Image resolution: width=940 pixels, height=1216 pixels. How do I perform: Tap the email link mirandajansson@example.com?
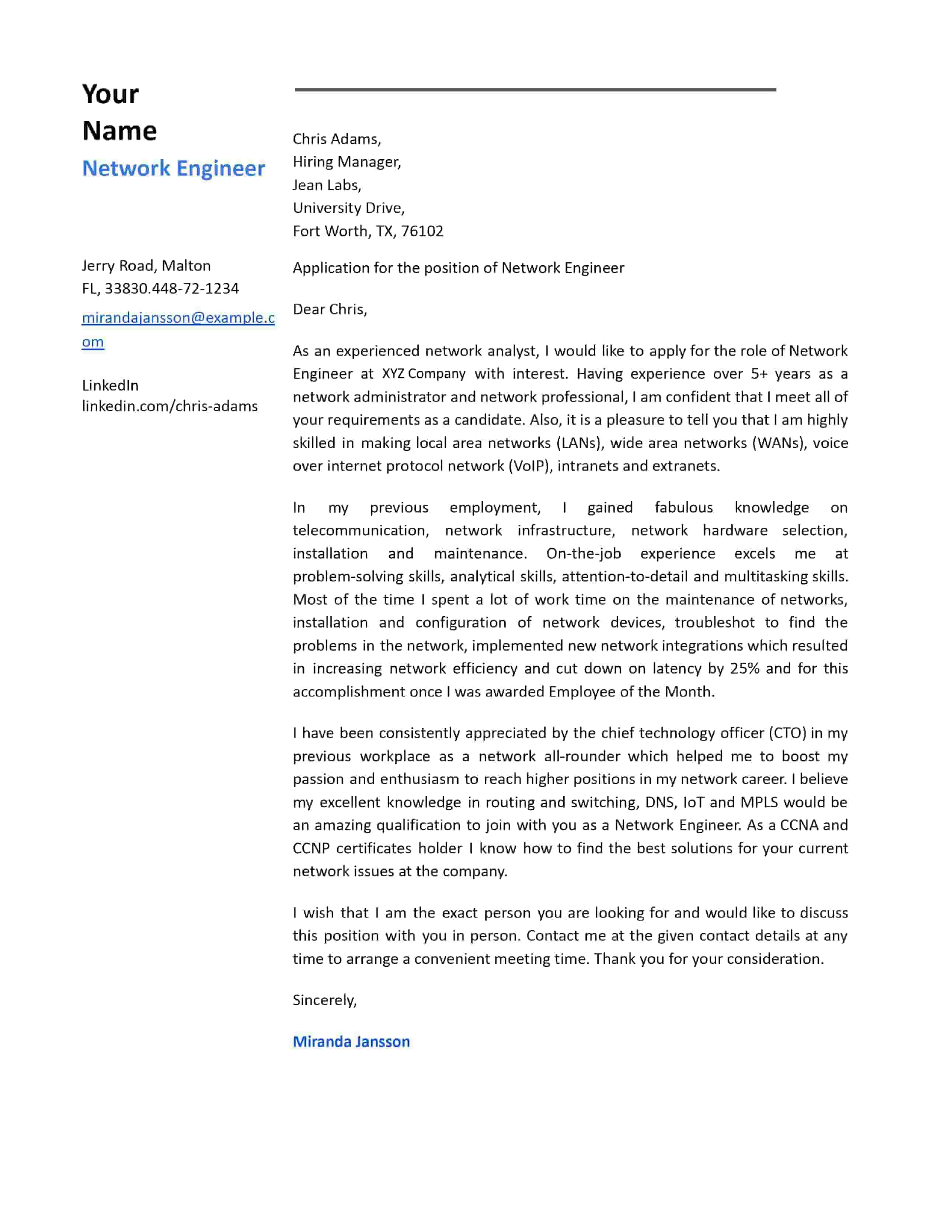point(178,318)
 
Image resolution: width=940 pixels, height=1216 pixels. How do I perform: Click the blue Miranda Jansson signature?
point(351,1041)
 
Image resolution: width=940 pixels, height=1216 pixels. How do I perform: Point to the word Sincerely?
point(324,1000)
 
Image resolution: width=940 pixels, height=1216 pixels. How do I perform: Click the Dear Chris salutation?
point(330,309)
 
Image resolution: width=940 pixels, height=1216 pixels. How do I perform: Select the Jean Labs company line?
point(327,185)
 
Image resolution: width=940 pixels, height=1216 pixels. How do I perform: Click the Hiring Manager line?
point(347,162)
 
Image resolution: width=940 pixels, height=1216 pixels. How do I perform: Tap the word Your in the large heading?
point(110,94)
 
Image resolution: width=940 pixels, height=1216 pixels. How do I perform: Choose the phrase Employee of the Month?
point(631,692)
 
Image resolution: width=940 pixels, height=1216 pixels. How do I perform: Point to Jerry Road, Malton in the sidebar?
point(146,266)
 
